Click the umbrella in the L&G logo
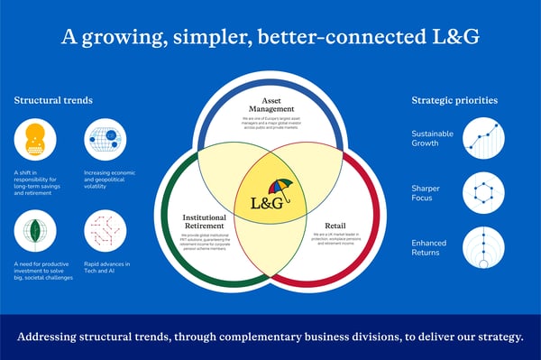(280, 187)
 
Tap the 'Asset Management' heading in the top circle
(270, 106)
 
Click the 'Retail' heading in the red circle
(333, 224)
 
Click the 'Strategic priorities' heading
(455, 99)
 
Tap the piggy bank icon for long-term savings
(35, 139)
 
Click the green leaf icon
(35, 231)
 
